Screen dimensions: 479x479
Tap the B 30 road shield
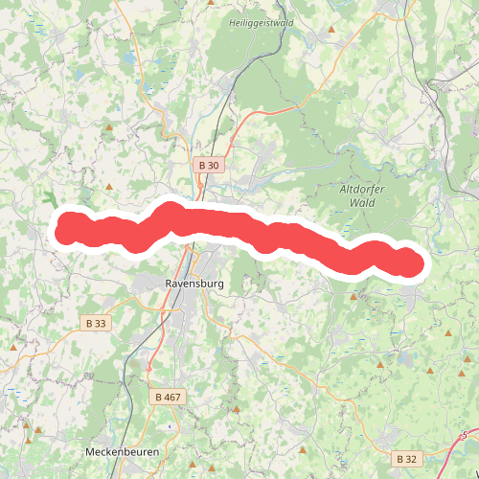tap(208, 165)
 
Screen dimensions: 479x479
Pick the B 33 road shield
tap(95, 323)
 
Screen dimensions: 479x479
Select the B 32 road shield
tap(407, 459)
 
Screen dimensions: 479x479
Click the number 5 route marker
tap(465, 436)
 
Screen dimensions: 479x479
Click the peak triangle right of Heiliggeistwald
tap(332, 29)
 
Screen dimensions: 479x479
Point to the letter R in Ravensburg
tap(170, 284)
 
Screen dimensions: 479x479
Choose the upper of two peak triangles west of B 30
tap(110, 127)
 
